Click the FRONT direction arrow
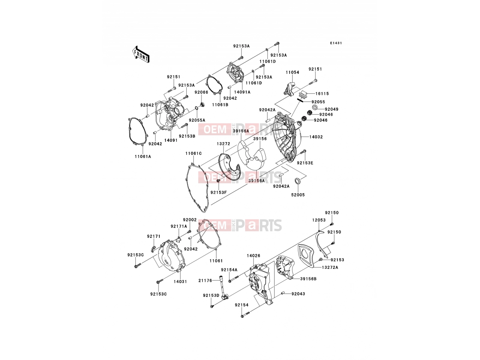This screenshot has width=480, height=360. click(x=141, y=55)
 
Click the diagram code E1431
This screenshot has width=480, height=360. click(x=336, y=43)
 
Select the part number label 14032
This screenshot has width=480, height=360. click(x=316, y=137)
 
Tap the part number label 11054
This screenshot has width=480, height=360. click(x=292, y=72)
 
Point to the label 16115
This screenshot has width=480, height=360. click(x=322, y=94)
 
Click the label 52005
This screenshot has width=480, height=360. click(x=298, y=195)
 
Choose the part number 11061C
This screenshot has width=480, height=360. click(x=193, y=153)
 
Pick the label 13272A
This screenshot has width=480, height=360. click(x=330, y=267)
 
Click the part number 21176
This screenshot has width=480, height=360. click(x=205, y=280)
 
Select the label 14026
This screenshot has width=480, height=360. click(x=254, y=256)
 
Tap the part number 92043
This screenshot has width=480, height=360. click(x=298, y=294)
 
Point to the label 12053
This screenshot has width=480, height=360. click(x=319, y=220)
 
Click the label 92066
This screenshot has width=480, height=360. click(x=201, y=92)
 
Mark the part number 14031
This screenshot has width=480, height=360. click(x=180, y=282)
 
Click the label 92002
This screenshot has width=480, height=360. click(x=190, y=220)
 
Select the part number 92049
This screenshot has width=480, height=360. click(x=331, y=109)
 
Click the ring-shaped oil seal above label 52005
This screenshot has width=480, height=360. click(x=297, y=181)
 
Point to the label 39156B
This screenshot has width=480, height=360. click(x=308, y=279)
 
